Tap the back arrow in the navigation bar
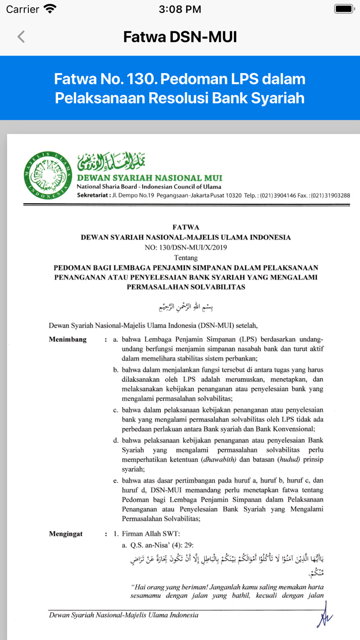tap(21, 37)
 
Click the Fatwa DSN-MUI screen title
tap(180, 37)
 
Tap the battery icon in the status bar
tap(344, 9)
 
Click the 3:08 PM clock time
tap(180, 9)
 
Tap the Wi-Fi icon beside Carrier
tap(50, 9)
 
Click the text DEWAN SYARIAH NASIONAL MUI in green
tap(150, 178)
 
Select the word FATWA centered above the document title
tap(186, 227)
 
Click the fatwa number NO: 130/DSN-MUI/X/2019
tap(186, 247)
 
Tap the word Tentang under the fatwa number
tap(186, 257)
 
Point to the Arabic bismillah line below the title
tap(186, 307)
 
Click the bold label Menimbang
tap(68, 340)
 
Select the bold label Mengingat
tap(66, 534)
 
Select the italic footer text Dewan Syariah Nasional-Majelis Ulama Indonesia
tap(123, 615)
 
